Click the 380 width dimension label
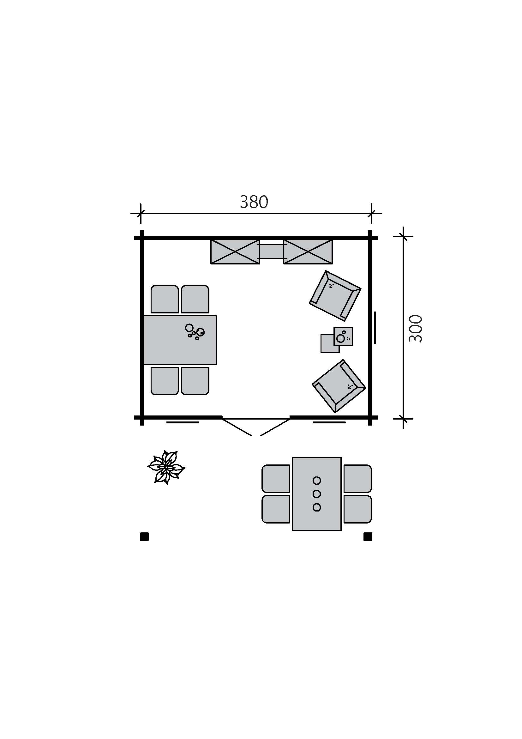point(254,202)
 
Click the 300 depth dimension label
point(415,328)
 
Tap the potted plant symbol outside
point(166,467)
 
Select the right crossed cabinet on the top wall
point(308,252)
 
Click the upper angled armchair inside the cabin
point(335,295)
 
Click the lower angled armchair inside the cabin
point(339,386)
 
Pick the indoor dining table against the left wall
point(180,340)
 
